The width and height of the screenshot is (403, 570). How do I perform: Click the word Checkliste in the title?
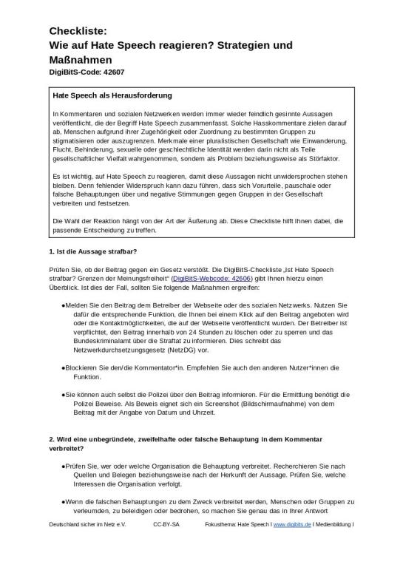(x=78, y=31)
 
